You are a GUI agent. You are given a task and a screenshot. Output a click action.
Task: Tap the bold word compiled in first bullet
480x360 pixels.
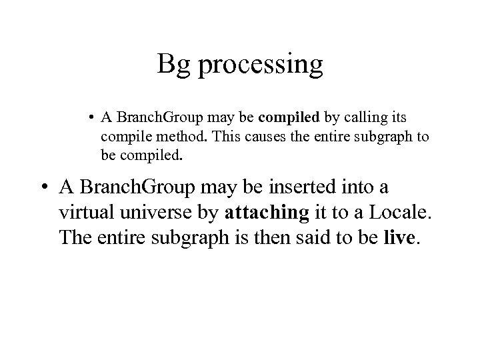tap(290, 117)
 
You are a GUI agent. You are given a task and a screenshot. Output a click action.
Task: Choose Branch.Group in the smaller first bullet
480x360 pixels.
tap(149, 118)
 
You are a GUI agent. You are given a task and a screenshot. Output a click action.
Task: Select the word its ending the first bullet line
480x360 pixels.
tap(397, 117)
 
